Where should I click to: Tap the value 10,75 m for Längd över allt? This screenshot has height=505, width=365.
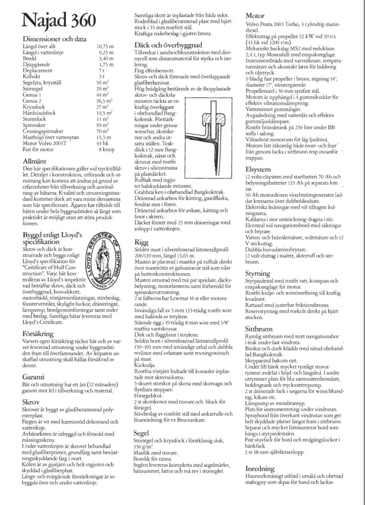tap(105, 46)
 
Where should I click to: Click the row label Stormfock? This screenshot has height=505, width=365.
tap(35, 119)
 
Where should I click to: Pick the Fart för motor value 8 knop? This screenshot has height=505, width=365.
tap(107, 149)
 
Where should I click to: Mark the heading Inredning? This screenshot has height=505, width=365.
tap(261, 468)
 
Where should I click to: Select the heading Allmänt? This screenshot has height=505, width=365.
tap(35, 161)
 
